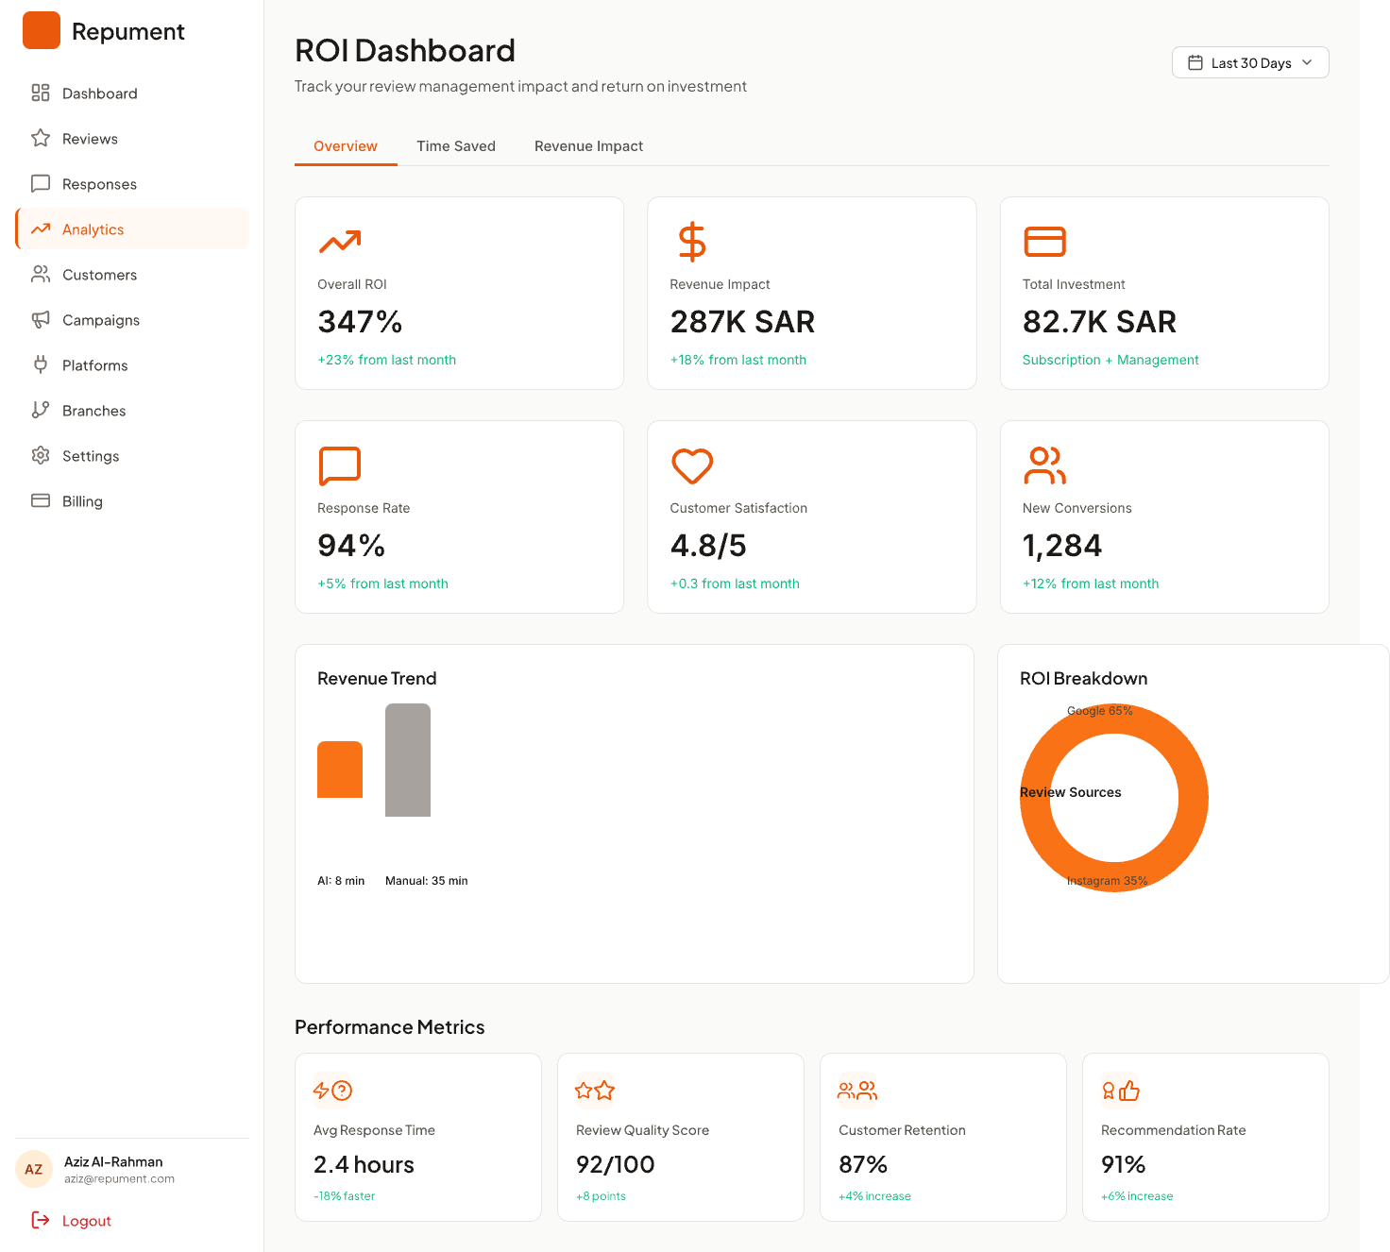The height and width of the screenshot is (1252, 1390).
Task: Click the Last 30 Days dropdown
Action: (x=1249, y=62)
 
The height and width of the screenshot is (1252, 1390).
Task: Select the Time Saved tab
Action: (x=455, y=146)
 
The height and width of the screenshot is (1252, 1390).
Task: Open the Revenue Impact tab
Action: (x=587, y=146)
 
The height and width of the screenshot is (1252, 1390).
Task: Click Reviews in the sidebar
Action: (x=90, y=139)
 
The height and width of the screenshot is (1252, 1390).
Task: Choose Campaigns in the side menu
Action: (x=100, y=320)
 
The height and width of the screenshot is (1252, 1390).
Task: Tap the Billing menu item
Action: (x=82, y=501)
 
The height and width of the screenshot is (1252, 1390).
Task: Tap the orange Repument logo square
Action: (x=41, y=30)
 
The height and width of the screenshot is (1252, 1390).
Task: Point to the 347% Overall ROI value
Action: (x=359, y=321)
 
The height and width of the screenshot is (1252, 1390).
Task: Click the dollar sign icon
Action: (x=691, y=241)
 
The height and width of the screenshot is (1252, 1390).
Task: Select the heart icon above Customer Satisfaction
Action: (x=691, y=465)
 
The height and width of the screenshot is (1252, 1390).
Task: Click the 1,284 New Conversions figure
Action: (x=1060, y=546)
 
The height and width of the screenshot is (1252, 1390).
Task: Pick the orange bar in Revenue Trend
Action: (x=340, y=770)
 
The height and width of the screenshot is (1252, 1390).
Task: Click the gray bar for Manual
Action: (x=407, y=759)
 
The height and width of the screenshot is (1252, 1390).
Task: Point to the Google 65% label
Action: (x=1099, y=710)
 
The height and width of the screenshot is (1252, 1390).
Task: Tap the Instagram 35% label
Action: (x=1106, y=881)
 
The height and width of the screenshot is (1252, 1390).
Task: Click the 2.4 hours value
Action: (x=364, y=1164)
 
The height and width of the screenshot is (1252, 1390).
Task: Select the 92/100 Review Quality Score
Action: (x=615, y=1164)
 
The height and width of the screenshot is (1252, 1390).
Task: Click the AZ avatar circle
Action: (x=33, y=1169)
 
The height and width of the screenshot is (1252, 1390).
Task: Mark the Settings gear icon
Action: (x=41, y=455)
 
